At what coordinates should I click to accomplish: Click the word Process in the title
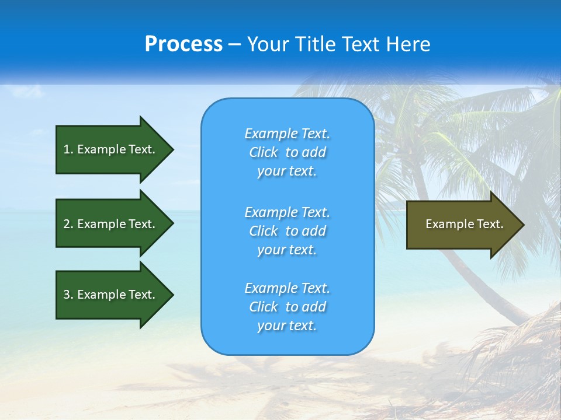(x=183, y=44)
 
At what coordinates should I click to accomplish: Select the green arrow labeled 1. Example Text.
(x=111, y=149)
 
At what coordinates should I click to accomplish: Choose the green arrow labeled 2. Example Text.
(x=111, y=224)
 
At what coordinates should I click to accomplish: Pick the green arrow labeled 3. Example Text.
(x=111, y=295)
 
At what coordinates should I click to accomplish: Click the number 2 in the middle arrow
(x=67, y=224)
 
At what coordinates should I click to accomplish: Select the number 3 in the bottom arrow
(x=67, y=295)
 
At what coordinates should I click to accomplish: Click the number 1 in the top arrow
(x=67, y=149)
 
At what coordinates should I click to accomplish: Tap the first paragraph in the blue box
(x=287, y=152)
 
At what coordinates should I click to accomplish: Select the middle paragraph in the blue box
(x=287, y=231)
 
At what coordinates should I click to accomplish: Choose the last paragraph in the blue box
(x=287, y=307)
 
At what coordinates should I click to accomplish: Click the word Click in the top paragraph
(x=264, y=152)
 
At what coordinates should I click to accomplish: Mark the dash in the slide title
(x=234, y=45)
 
